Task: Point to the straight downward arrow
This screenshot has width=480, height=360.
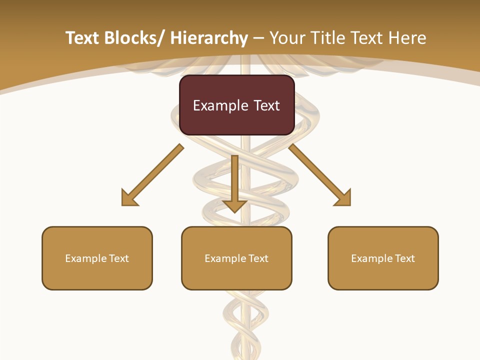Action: pos(234,182)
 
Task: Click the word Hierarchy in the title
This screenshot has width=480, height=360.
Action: pos(209,38)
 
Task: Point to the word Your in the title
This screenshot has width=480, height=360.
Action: pos(288,38)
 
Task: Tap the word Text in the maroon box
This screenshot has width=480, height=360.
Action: pos(266,105)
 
